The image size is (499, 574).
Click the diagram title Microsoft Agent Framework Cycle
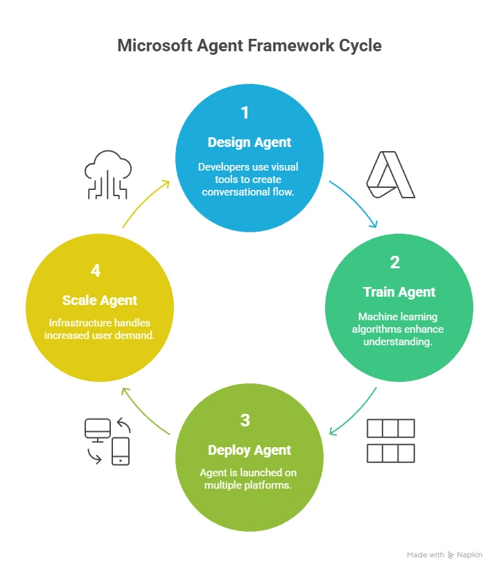click(x=249, y=46)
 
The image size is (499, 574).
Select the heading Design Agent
click(x=249, y=142)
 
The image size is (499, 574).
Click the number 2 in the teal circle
click(x=394, y=263)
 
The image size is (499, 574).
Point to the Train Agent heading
click(x=399, y=292)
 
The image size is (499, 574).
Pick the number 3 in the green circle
click(x=245, y=420)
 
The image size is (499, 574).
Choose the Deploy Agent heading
click(x=249, y=450)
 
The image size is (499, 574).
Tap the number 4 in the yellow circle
click(x=96, y=271)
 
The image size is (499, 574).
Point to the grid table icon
click(x=390, y=440)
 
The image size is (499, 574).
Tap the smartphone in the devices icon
click(x=121, y=451)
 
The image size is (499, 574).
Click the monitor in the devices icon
click(x=96, y=430)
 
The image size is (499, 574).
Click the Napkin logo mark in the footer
click(x=451, y=555)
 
